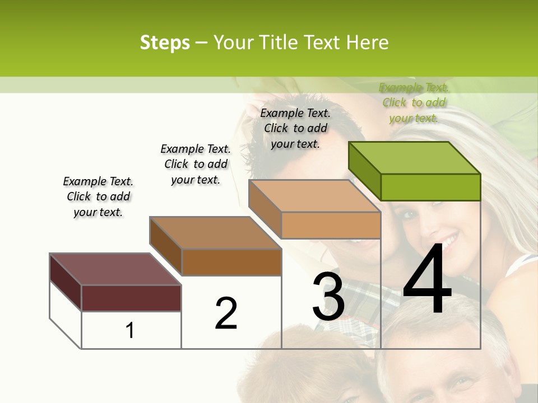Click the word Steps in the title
click(165, 43)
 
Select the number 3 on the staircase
click(328, 297)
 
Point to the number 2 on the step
click(226, 313)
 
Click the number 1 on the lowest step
click(130, 331)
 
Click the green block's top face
click(415, 158)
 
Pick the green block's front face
click(430, 187)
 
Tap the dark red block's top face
click(115, 269)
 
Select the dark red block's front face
click(131, 298)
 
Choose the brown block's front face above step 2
click(231, 262)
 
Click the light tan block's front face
click(331, 225)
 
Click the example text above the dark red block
click(98, 196)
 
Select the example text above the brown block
click(196, 164)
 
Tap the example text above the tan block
click(295, 128)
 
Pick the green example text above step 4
click(414, 102)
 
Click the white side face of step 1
click(66, 313)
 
